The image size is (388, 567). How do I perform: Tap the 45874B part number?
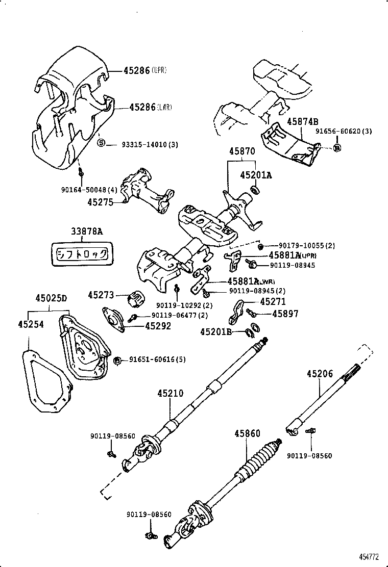click(302, 121)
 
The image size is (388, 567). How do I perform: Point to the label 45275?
click(100, 202)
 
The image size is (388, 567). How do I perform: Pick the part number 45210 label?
click(170, 393)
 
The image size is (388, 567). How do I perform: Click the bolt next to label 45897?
click(251, 312)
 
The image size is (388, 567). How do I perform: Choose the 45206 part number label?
click(320, 374)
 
